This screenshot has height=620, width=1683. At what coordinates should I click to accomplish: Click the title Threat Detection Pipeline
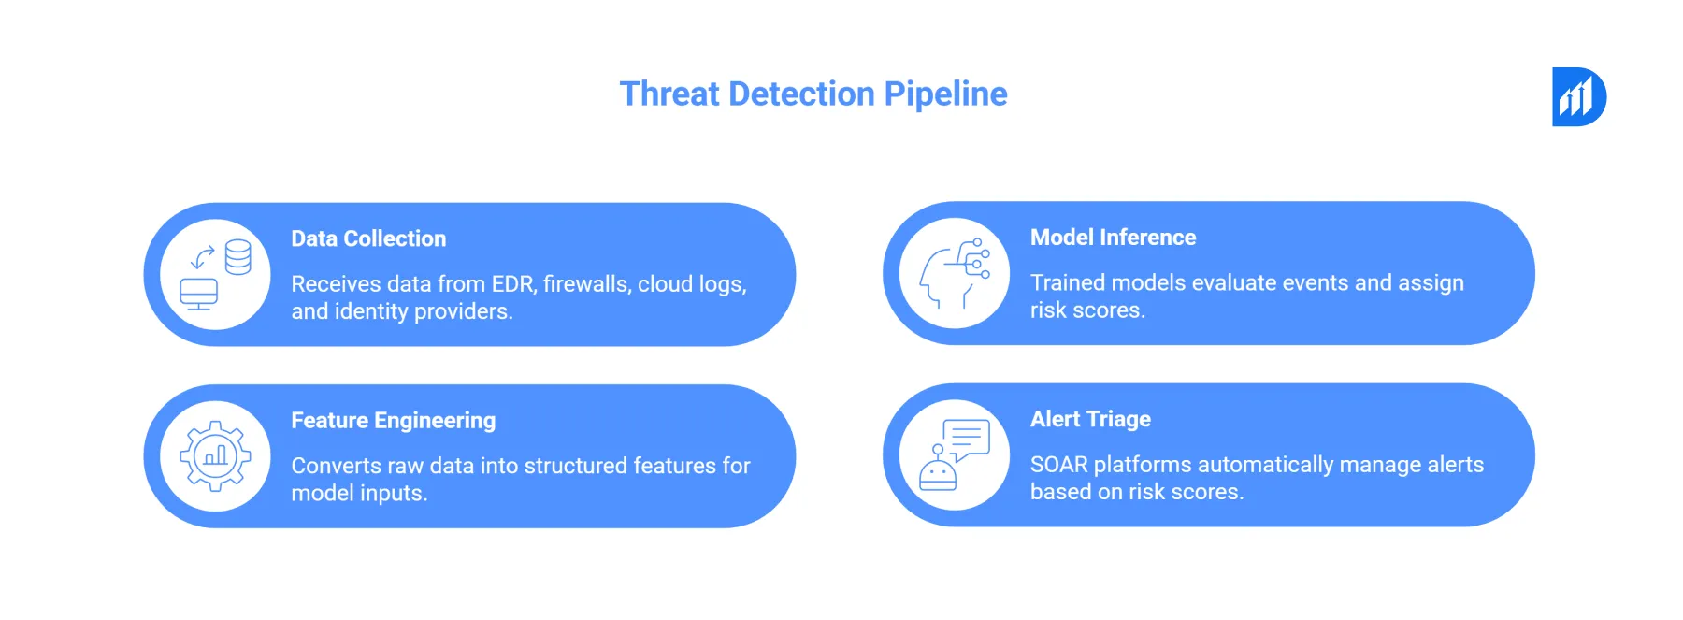(x=813, y=94)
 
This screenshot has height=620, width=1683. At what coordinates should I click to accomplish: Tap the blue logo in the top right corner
(x=1578, y=96)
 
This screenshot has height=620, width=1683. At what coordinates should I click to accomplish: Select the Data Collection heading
(x=368, y=238)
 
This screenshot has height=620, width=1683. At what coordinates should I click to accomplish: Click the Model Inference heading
(x=1113, y=238)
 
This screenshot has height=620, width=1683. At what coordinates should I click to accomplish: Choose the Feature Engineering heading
(x=393, y=421)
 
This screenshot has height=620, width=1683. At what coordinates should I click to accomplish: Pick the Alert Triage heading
(x=1090, y=419)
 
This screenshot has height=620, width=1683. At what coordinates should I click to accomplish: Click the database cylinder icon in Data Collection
(x=238, y=257)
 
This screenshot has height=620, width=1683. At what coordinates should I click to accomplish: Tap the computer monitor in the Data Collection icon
(x=199, y=294)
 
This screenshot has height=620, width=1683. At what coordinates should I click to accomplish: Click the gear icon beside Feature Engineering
(x=215, y=456)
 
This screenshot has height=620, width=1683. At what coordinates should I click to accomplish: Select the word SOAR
(x=1058, y=465)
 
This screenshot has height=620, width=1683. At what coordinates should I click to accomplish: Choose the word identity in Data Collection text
(x=370, y=311)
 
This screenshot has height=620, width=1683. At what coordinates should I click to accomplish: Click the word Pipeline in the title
(x=945, y=94)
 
